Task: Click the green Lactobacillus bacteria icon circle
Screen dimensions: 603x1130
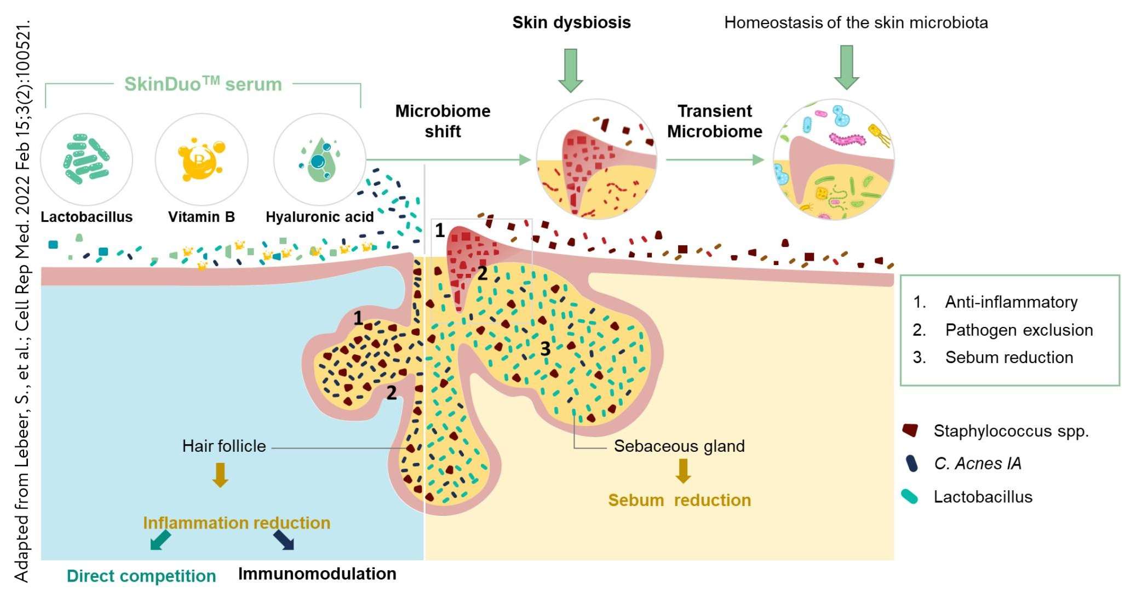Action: tap(87, 159)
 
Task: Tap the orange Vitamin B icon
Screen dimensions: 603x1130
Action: tap(201, 159)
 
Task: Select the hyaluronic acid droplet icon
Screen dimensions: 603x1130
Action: tap(319, 159)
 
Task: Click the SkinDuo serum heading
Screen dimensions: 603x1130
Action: tap(203, 84)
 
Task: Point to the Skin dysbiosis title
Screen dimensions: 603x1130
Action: tap(571, 22)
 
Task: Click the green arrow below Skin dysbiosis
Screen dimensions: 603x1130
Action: tap(571, 70)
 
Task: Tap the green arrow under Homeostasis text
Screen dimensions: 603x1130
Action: tap(846, 67)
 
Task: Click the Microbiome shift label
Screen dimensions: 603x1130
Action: tap(443, 121)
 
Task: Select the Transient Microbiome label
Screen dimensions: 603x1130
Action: tap(714, 121)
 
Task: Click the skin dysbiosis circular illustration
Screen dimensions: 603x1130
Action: tap(596, 159)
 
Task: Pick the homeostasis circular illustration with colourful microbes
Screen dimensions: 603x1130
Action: tap(834, 159)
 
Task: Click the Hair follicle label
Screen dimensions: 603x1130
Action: tap(223, 446)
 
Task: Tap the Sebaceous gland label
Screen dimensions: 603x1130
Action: tap(679, 446)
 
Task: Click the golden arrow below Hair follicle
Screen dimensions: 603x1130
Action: tap(220, 474)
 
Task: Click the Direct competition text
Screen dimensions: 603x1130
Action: tap(141, 576)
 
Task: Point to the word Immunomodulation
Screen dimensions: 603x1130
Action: tap(317, 574)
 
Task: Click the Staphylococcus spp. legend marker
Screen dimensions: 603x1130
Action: tap(910, 430)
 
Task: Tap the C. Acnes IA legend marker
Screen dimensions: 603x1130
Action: tap(911, 463)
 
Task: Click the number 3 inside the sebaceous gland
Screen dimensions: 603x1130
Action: tap(545, 349)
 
